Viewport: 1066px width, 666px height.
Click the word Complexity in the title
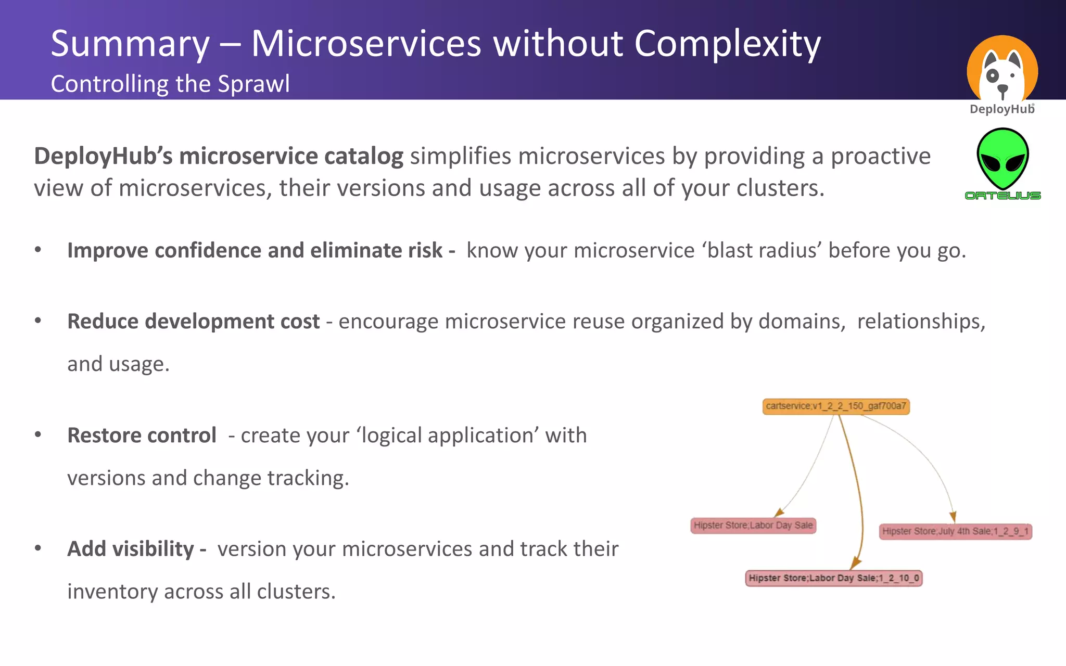(727, 44)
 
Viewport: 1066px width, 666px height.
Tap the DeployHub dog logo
(1002, 70)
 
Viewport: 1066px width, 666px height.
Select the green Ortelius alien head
(1002, 159)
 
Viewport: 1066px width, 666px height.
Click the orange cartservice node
(836, 406)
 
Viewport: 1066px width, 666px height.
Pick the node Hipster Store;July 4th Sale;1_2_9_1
(955, 531)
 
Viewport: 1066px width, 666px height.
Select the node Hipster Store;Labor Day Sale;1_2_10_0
(833, 578)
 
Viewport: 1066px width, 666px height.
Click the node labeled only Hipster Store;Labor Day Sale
(753, 526)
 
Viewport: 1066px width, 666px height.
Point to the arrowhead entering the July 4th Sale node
(953, 517)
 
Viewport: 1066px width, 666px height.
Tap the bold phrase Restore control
(142, 436)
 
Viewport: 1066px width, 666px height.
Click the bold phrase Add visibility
(131, 549)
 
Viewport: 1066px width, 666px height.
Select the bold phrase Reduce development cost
(193, 322)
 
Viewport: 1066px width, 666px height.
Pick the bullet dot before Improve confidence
(38, 250)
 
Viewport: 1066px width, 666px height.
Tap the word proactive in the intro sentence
(880, 156)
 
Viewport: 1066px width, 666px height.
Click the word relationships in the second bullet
(921, 322)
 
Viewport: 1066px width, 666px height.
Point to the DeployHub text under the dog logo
(1001, 109)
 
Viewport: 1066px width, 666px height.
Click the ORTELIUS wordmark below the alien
(1002, 196)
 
